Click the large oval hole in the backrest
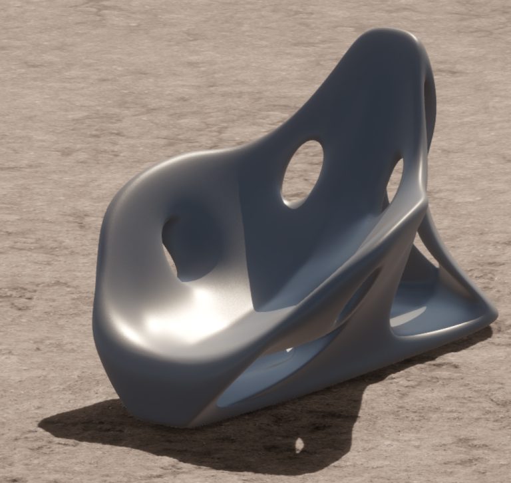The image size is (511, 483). click(303, 172)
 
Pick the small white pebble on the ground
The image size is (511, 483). click(299, 444)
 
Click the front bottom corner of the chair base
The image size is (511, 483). click(193, 419)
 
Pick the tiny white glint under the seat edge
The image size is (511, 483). click(289, 349)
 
